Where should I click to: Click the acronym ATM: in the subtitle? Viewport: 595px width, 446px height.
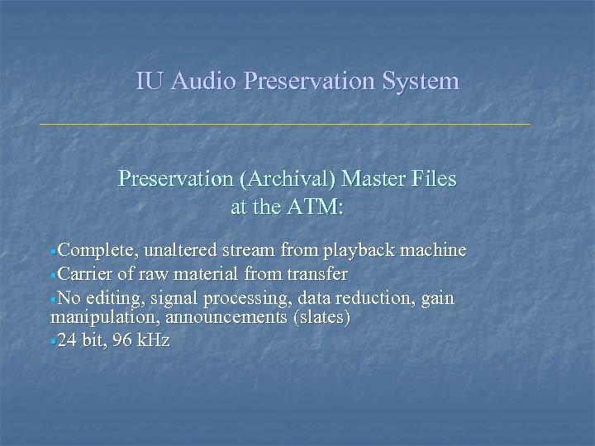pos(314,208)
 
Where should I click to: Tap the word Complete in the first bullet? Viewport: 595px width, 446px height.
pos(93,250)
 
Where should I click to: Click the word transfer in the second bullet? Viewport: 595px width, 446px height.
pos(317,273)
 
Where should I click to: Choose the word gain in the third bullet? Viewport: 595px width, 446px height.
pos(436,298)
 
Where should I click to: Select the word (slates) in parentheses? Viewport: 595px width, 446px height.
pos(321,318)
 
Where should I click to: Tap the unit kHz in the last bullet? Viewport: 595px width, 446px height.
pos(154,340)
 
